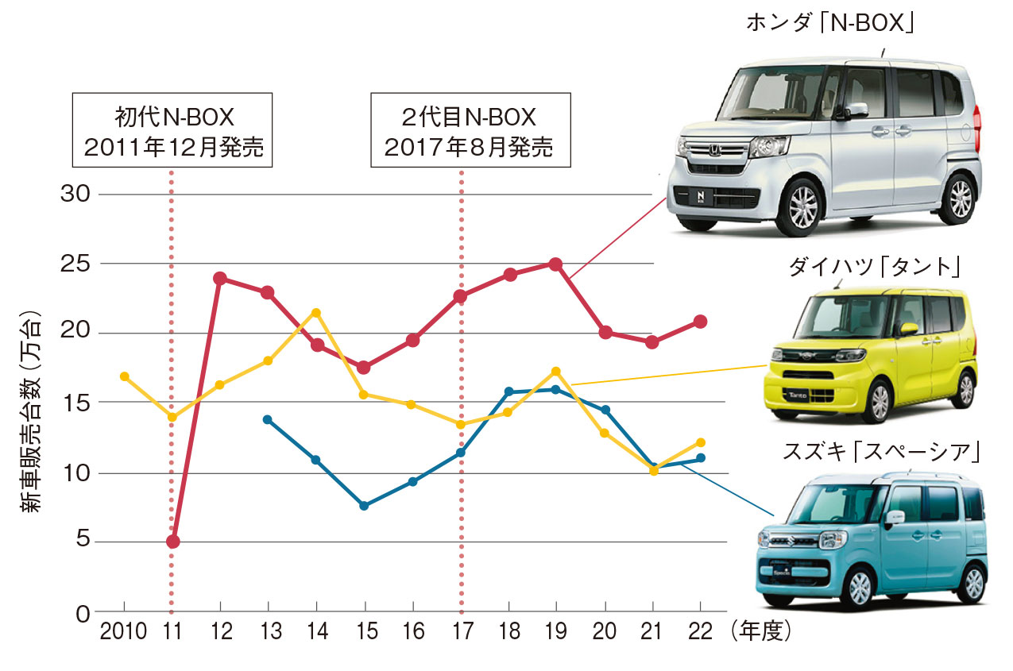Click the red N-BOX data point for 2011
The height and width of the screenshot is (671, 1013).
[x=172, y=542]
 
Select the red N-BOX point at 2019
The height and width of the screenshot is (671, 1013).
[x=555, y=264]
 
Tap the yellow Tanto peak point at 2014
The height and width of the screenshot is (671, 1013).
[x=316, y=313]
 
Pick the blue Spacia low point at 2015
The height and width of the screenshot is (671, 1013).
[x=364, y=506]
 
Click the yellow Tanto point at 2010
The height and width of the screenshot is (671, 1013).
[x=124, y=376]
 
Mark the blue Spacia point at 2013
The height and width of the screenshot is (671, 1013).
[x=267, y=419]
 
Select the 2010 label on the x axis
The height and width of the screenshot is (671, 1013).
[x=123, y=632]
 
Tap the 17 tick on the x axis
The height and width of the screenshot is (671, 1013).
[x=461, y=632]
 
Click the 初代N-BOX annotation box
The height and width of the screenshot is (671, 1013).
[x=172, y=132]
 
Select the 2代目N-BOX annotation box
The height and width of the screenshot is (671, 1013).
[x=470, y=132]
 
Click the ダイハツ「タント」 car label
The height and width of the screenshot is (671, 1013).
[x=873, y=268]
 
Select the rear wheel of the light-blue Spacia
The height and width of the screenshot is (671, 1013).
[x=969, y=583]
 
